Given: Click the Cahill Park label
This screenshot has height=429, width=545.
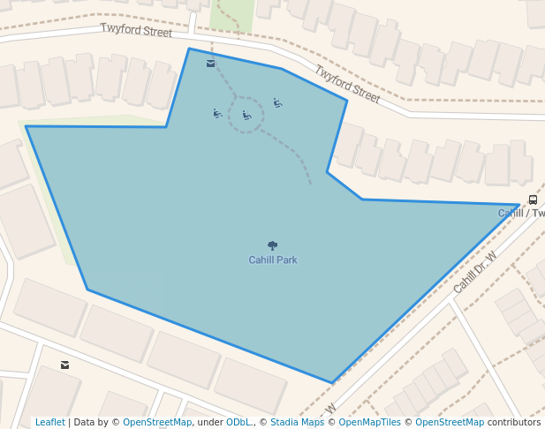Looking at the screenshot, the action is pyautogui.click(x=272, y=260).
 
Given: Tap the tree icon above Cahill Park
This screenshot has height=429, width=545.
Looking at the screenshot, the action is pyautogui.click(x=272, y=245).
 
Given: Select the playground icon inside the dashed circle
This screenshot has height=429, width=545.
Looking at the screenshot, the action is pyautogui.click(x=247, y=115).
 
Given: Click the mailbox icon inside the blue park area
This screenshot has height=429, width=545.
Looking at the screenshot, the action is pyautogui.click(x=210, y=64).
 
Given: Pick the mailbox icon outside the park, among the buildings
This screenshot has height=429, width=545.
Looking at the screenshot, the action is pyautogui.click(x=64, y=365).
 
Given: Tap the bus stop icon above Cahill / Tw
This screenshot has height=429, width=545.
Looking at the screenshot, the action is pyautogui.click(x=533, y=200).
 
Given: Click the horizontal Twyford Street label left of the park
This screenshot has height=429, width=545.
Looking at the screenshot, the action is pyautogui.click(x=136, y=31).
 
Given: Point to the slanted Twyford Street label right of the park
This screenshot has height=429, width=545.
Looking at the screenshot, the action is pyautogui.click(x=347, y=85).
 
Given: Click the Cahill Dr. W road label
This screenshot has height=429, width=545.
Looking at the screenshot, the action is pyautogui.click(x=475, y=272).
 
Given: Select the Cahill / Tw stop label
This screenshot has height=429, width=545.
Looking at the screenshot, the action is pyautogui.click(x=521, y=213).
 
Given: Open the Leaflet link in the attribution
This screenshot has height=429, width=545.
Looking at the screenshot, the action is pyautogui.click(x=50, y=423).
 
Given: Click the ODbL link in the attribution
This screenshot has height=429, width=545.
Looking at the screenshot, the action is pyautogui.click(x=239, y=423).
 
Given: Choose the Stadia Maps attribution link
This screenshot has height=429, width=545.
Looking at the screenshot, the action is pyautogui.click(x=297, y=423).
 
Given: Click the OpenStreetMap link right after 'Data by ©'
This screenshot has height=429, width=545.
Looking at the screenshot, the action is pyautogui.click(x=157, y=423).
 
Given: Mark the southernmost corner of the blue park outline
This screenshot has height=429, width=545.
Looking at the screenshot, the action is pyautogui.click(x=333, y=382).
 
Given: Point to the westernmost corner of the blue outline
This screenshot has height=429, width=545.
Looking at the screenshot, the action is pyautogui.click(x=26, y=126).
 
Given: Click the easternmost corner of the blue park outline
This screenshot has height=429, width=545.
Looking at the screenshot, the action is pyautogui.click(x=519, y=205).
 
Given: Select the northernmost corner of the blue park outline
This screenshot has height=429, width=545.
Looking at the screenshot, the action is pyautogui.click(x=189, y=49).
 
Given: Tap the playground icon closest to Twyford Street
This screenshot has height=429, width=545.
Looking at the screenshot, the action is pyautogui.click(x=277, y=103).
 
